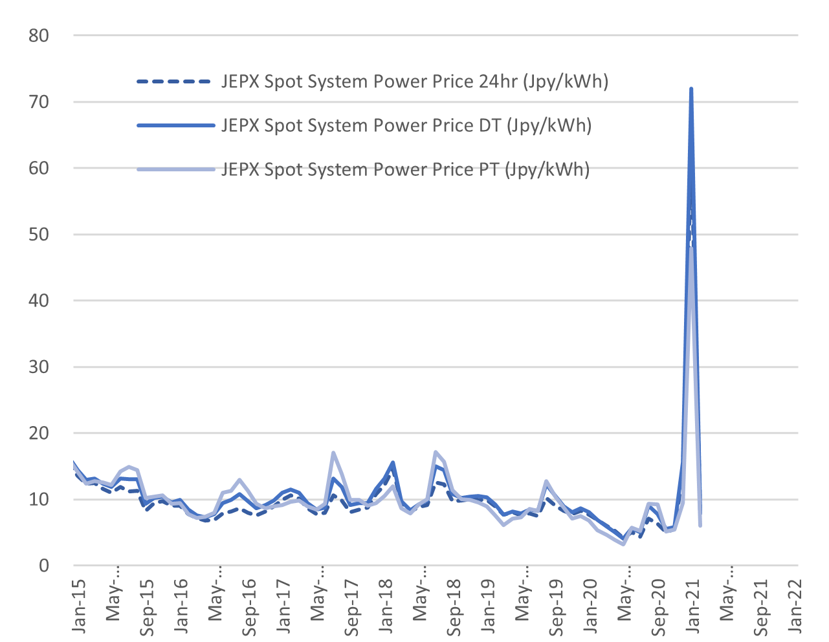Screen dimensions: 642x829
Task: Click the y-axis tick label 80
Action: click(x=39, y=36)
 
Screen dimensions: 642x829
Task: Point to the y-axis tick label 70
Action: click(x=39, y=102)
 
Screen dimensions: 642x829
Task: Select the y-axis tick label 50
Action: click(x=39, y=234)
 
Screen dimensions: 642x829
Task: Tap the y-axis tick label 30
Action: click(x=39, y=367)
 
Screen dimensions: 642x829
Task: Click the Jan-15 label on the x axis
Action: click(x=78, y=605)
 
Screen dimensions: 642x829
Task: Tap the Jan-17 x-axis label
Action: click(x=283, y=605)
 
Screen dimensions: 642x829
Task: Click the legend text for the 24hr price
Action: click(x=415, y=82)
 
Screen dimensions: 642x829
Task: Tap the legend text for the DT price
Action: click(x=406, y=125)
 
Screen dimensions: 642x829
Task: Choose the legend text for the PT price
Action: click(x=405, y=169)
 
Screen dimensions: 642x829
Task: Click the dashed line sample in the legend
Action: click(x=174, y=82)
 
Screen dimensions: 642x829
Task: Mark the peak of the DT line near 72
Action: click(x=691, y=89)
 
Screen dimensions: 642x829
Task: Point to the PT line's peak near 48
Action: click(x=692, y=248)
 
